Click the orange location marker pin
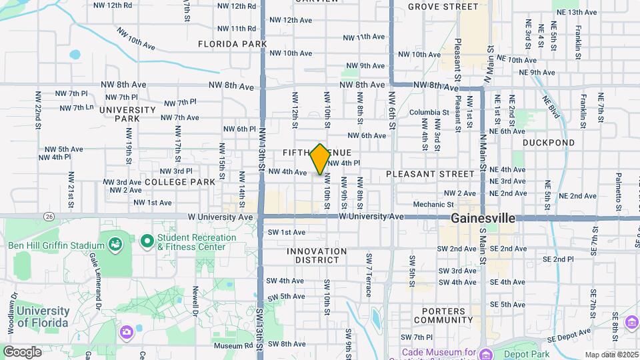click(320, 159)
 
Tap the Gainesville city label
click(483, 218)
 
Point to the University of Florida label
click(43, 317)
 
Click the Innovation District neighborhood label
click(317, 251)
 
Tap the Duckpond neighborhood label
click(548, 143)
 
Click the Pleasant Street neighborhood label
click(429, 174)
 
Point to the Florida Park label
click(232, 44)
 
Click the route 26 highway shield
click(49, 217)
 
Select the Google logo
click(22, 351)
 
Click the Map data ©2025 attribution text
click(611, 355)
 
